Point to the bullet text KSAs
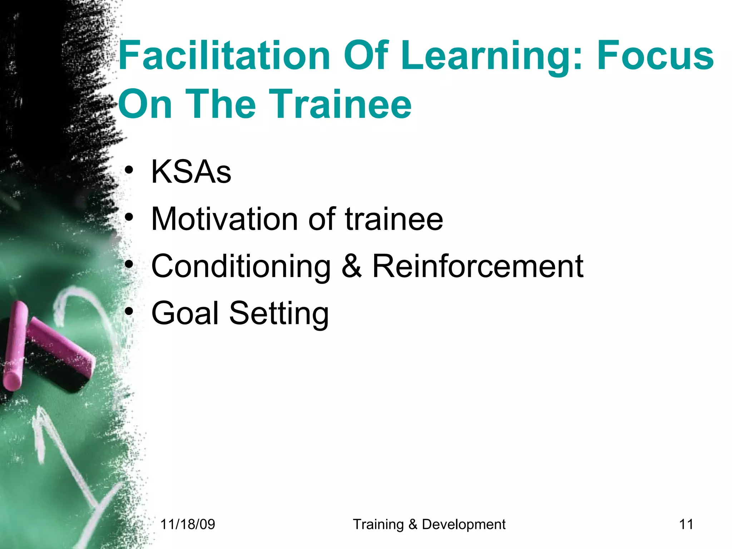(191, 172)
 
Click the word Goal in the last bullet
(185, 313)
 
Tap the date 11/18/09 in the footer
(188, 524)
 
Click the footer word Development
(464, 524)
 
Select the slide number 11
(686, 524)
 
